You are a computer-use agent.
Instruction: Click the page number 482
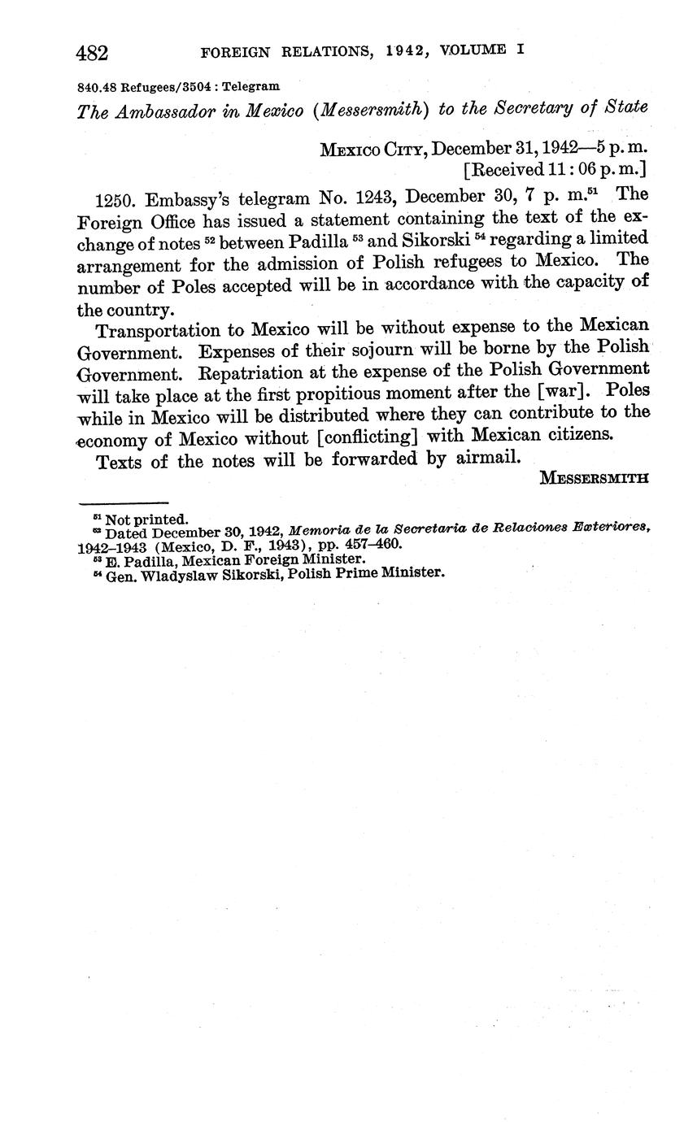pyautogui.click(x=92, y=54)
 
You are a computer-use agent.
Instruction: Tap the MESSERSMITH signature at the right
pyautogui.click(x=594, y=479)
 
